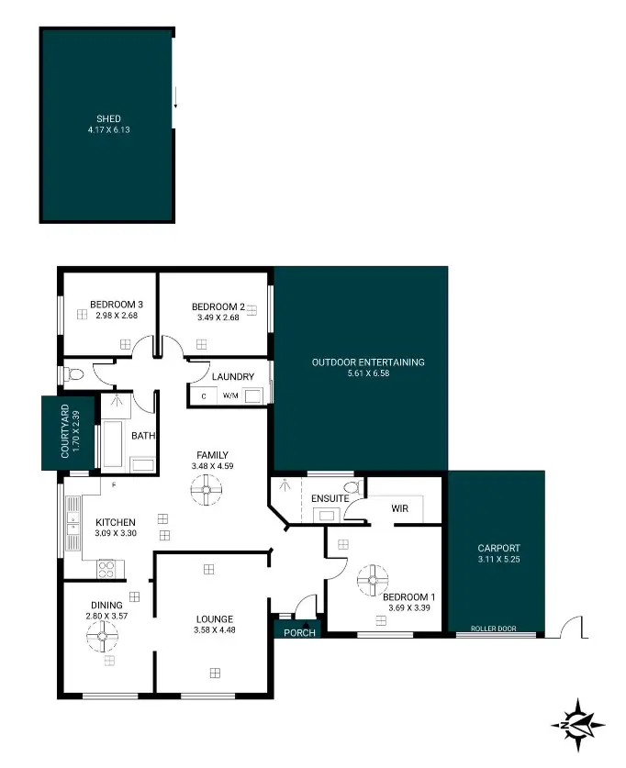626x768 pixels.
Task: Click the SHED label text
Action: tap(109, 118)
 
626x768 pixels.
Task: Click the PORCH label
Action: tap(299, 633)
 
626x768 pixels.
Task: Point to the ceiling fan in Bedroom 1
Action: tap(374, 579)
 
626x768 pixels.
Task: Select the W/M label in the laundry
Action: tap(229, 396)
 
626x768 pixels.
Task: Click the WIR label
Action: tap(399, 509)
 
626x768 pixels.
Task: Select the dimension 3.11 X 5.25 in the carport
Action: tap(498, 560)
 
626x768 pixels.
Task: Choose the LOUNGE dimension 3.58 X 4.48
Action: tap(214, 631)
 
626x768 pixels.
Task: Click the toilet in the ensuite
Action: tap(350, 487)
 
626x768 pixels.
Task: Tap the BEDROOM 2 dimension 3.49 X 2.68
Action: tap(218, 318)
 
